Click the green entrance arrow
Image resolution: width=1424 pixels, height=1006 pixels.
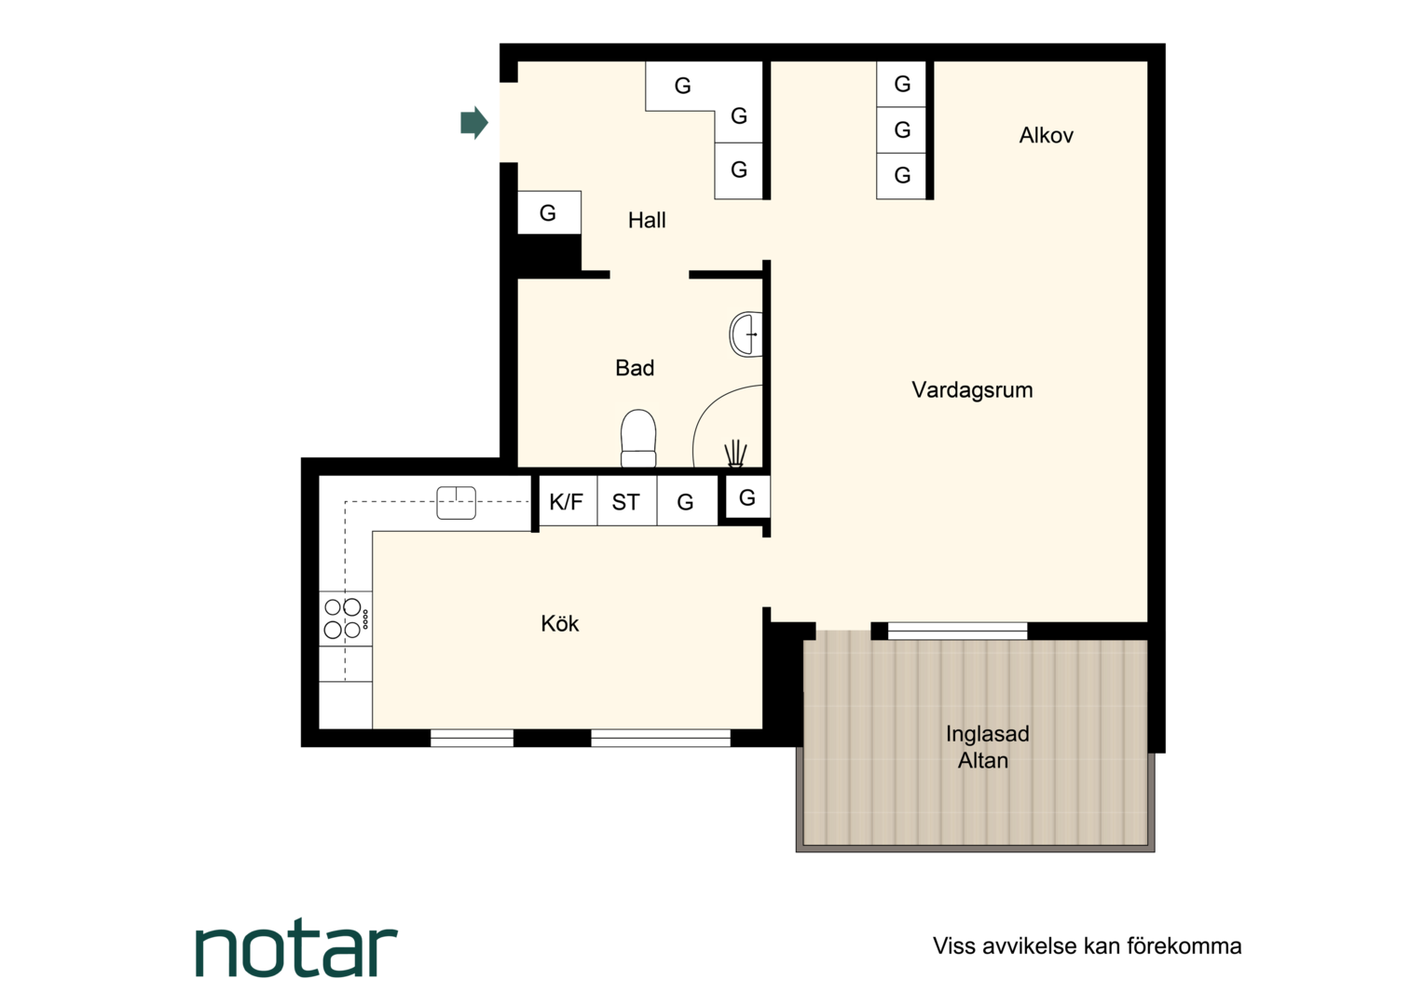click(x=474, y=123)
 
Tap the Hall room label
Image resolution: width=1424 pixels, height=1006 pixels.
click(x=647, y=221)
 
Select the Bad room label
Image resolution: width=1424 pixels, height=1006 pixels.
click(x=635, y=368)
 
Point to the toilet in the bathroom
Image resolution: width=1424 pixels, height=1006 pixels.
click(x=638, y=439)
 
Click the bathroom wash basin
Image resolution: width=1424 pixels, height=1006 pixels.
click(x=746, y=334)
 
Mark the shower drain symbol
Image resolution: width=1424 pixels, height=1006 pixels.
click(x=735, y=454)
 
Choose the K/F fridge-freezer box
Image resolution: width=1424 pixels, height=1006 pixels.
click(x=567, y=501)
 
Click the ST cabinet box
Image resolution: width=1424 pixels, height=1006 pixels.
click(x=627, y=501)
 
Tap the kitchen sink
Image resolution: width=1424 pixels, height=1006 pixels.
click(x=456, y=503)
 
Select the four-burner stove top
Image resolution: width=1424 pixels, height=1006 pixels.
click(x=345, y=619)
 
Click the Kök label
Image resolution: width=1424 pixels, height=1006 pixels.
click(x=560, y=624)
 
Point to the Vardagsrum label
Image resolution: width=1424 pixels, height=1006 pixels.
click(x=972, y=390)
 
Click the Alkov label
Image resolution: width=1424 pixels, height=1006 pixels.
click(x=1047, y=135)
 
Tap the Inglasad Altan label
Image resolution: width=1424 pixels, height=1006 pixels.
click(x=987, y=747)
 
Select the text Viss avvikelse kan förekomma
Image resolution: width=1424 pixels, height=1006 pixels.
click(x=1087, y=946)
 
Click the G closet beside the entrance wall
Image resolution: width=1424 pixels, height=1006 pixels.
click(x=549, y=213)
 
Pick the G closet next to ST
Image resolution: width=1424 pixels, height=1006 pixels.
click(x=687, y=501)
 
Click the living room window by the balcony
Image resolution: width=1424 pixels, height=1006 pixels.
click(x=957, y=631)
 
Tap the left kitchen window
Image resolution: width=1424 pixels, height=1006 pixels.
click(x=472, y=739)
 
